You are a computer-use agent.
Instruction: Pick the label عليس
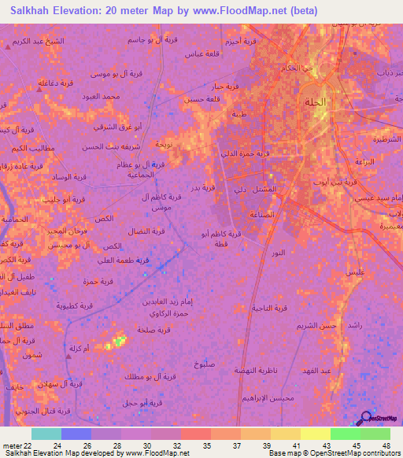coord(355,271)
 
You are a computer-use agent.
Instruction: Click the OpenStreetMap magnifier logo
coord(364,419)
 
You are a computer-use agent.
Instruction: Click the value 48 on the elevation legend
coord(386,445)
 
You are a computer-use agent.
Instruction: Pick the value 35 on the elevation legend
coord(208,445)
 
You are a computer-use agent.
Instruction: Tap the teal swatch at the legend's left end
coord(46,434)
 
